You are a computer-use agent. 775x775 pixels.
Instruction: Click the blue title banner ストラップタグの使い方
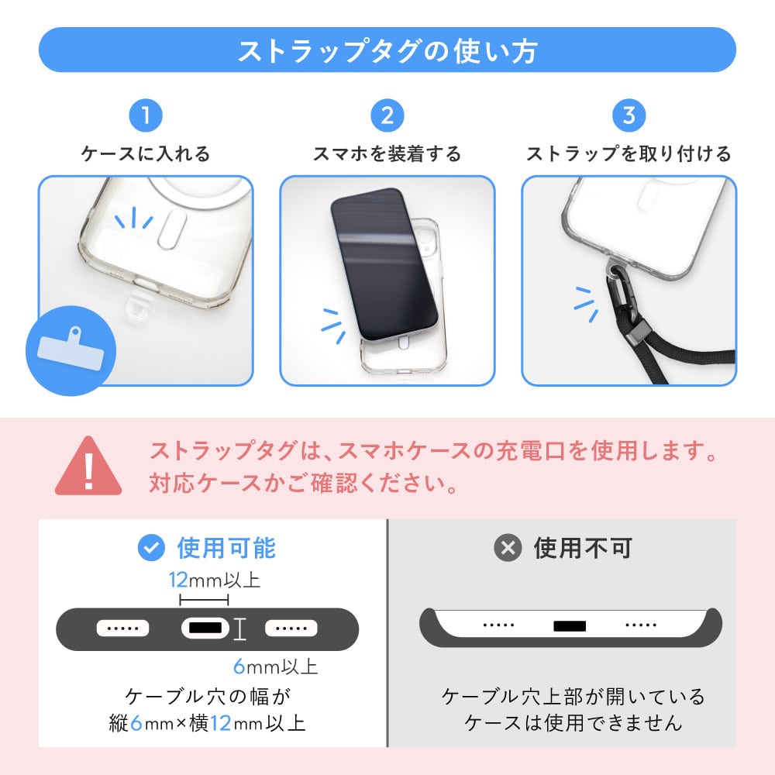tap(387, 50)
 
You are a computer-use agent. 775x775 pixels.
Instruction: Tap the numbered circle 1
tap(146, 115)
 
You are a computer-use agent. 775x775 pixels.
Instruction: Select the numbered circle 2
tap(387, 115)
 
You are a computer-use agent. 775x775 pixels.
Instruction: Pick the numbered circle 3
tap(629, 115)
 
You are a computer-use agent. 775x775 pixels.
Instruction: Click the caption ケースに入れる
tap(146, 153)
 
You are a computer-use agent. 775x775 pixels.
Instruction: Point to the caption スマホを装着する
tap(387, 153)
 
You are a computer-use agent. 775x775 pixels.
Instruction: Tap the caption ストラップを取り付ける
tap(629, 153)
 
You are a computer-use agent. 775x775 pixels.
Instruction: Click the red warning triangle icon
tap(88, 466)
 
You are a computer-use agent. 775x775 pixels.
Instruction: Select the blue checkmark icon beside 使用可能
tap(151, 548)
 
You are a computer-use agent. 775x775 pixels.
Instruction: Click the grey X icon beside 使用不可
tap(508, 548)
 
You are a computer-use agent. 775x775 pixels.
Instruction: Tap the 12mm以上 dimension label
tap(214, 580)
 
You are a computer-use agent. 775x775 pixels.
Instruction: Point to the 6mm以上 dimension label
tap(275, 666)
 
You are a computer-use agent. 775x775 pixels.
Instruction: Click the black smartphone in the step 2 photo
tap(384, 264)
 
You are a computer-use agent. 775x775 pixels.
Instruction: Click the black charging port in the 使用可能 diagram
tap(205, 629)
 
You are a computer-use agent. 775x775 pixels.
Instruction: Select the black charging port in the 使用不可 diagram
tap(570, 626)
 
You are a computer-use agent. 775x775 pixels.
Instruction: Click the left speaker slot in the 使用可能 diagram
tap(122, 629)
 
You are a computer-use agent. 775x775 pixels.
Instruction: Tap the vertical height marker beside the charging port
tap(239, 629)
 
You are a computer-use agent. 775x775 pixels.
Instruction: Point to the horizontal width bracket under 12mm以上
tap(204, 601)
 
